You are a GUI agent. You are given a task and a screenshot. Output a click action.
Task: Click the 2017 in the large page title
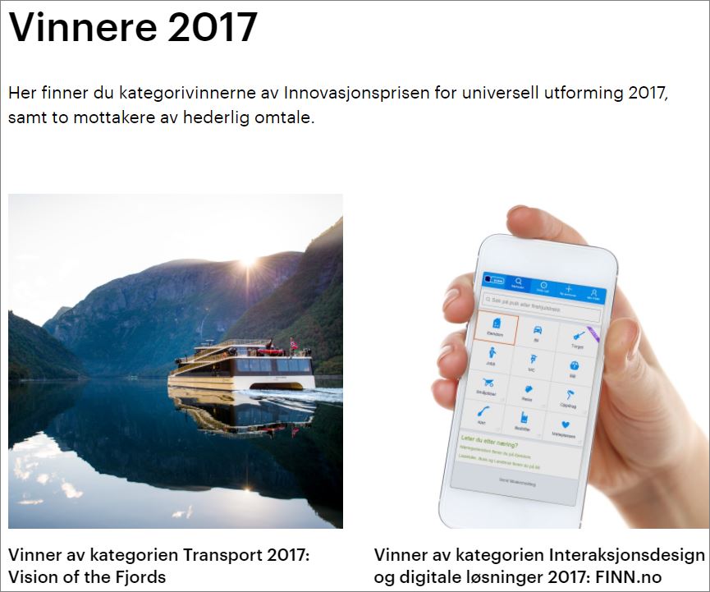click(x=213, y=28)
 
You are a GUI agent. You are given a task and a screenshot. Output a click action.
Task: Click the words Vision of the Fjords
click(x=87, y=576)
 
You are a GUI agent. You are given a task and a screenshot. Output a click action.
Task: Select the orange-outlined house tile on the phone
click(x=494, y=329)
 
